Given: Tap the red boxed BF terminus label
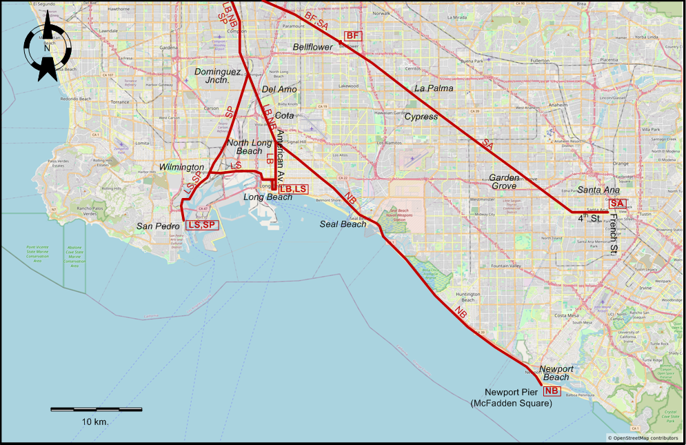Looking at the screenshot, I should point(352,36).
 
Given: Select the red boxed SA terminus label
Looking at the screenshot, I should point(617,204).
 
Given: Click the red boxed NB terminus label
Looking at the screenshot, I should point(551,391).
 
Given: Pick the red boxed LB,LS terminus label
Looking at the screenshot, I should point(292,189).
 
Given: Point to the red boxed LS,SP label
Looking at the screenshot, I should point(202,225).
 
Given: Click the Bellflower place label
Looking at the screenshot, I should point(312,47).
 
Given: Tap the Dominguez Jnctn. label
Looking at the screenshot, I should point(217,76).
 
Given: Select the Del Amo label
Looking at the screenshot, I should point(279,90).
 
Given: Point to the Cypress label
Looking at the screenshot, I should point(421,117).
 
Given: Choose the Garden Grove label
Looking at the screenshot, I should point(504,181).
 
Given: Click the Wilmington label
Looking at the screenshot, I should point(181,168).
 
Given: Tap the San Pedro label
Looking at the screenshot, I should point(153,226).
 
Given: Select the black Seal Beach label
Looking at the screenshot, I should point(343,224).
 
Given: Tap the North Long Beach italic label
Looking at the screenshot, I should point(245,147).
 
